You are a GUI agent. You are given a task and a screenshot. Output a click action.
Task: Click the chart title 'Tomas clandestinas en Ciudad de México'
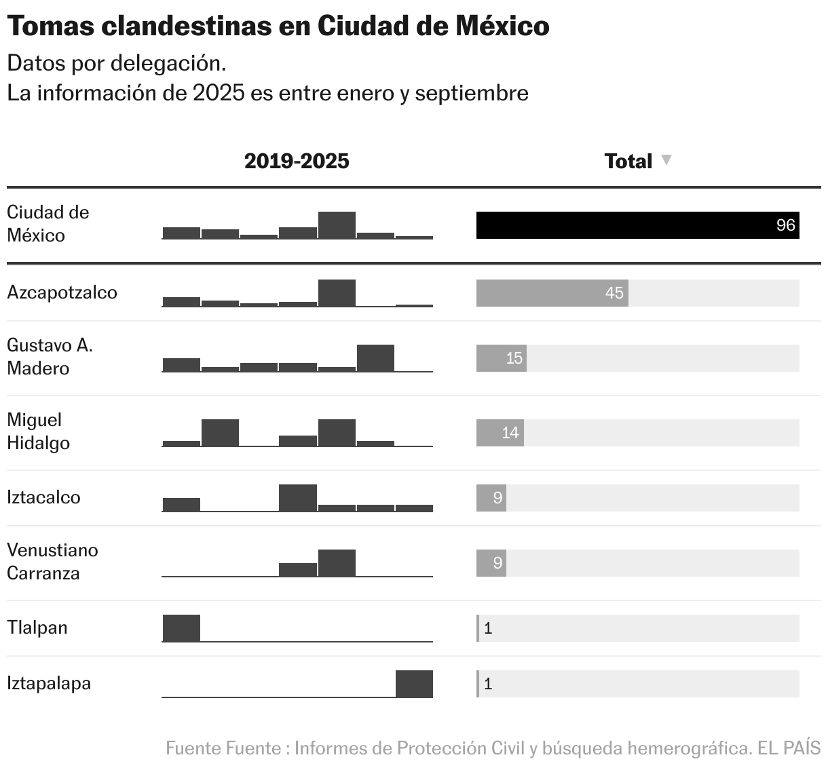point(278,26)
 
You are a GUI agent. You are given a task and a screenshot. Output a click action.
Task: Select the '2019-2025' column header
point(297,161)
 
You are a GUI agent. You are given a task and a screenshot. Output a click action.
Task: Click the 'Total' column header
point(628,161)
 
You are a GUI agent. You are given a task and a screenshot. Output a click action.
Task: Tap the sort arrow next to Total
point(666,160)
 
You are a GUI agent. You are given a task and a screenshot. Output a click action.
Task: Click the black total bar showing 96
point(637,225)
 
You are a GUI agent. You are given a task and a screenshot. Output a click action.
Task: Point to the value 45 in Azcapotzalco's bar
point(614,293)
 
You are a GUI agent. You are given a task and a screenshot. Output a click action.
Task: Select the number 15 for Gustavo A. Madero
point(514,358)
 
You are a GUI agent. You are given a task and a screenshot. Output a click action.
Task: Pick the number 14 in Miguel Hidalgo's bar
point(510,433)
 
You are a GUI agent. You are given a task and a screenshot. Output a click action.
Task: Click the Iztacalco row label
point(43,497)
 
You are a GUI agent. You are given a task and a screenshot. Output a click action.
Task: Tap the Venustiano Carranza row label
point(52,562)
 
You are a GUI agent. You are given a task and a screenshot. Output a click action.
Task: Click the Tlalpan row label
point(37,628)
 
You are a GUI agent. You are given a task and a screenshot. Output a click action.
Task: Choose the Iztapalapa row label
point(49,683)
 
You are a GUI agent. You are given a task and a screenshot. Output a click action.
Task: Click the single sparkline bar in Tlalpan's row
point(181,628)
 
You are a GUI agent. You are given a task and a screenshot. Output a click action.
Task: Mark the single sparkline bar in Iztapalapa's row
point(414,683)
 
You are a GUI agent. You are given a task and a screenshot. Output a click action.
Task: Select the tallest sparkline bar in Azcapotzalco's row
point(337,293)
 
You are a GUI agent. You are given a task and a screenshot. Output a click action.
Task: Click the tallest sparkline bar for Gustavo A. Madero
point(375,358)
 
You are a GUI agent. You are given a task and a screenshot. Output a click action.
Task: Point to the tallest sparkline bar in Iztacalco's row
point(298,498)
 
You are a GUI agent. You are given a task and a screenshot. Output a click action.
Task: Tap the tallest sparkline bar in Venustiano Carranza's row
point(337,563)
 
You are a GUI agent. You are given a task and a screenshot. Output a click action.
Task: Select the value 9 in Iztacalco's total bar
point(497,498)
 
